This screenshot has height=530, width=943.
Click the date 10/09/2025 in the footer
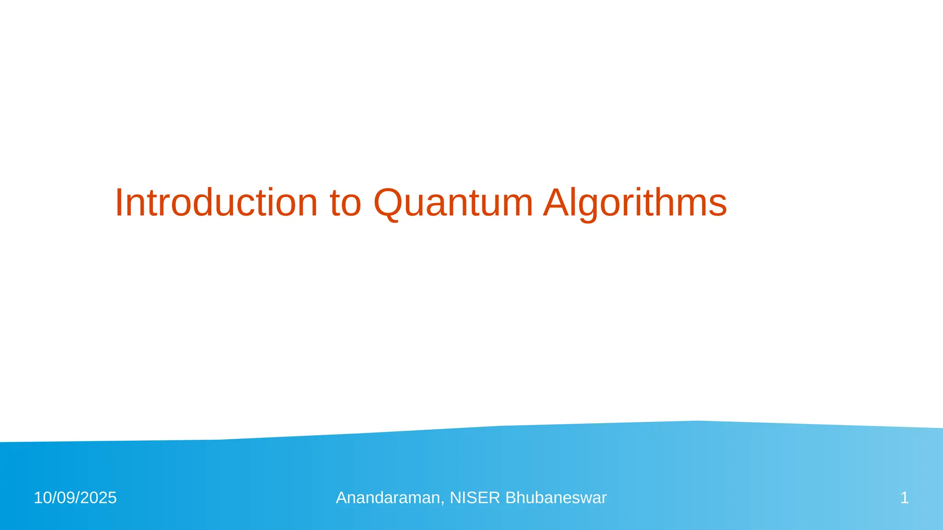click(75, 498)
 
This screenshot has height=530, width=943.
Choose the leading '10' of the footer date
click(42, 498)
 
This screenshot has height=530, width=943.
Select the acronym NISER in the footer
click(475, 498)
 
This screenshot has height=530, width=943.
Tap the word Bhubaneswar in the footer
click(556, 498)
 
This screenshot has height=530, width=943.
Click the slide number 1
click(904, 498)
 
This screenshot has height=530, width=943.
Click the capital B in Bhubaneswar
click(510, 498)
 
